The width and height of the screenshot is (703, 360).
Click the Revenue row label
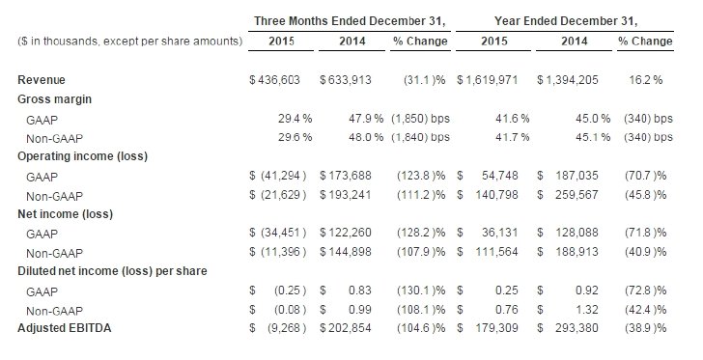(x=42, y=80)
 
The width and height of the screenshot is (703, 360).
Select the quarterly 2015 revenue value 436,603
(x=278, y=80)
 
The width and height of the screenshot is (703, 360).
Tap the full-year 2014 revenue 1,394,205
(x=572, y=80)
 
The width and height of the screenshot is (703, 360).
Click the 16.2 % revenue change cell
(x=646, y=80)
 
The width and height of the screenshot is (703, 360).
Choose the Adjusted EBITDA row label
(x=64, y=328)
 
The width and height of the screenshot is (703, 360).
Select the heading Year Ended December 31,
(x=566, y=21)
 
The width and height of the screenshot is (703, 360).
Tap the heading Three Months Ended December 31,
(x=350, y=21)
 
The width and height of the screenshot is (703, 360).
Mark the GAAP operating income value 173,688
(x=350, y=176)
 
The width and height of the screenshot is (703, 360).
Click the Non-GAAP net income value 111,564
(x=496, y=252)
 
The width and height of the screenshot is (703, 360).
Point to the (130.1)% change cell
(x=421, y=291)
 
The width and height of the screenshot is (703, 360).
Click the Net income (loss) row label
(x=65, y=214)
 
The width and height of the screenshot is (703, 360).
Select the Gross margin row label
(x=54, y=99)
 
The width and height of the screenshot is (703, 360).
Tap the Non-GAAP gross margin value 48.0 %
(x=366, y=137)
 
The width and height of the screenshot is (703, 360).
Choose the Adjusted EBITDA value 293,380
(x=577, y=328)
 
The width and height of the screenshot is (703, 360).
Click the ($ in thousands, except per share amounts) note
(x=130, y=42)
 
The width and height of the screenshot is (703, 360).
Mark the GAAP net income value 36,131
(x=499, y=233)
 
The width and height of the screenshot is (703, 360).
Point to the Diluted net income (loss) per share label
(x=112, y=271)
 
